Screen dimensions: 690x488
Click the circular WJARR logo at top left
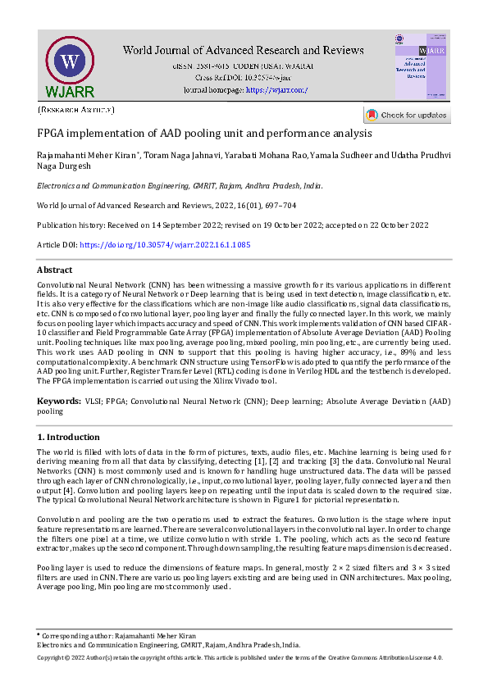click(x=69, y=63)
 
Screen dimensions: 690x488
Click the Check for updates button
click(x=408, y=116)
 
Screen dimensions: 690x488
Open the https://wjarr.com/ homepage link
click(x=276, y=89)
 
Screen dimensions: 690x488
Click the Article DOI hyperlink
click(x=165, y=245)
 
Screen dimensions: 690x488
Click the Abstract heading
click(x=54, y=270)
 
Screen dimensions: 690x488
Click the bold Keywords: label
click(x=58, y=402)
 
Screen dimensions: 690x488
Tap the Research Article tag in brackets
click(x=76, y=109)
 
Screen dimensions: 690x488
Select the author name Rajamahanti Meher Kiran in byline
click(x=82, y=156)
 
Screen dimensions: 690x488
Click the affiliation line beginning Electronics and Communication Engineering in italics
click(x=180, y=186)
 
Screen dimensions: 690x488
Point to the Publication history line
click(x=232, y=225)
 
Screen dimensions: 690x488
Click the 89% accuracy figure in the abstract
click(x=368, y=352)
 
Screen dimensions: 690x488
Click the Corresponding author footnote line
click(x=117, y=636)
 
